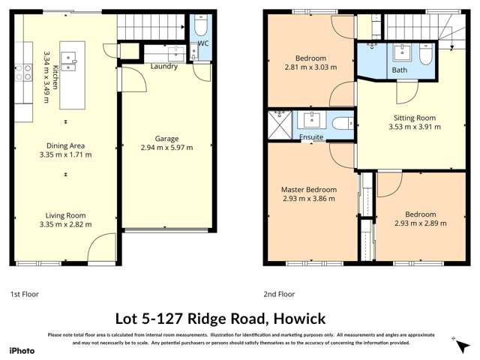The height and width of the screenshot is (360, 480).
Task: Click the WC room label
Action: (x=202, y=43)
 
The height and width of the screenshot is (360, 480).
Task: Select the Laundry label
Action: (x=163, y=67)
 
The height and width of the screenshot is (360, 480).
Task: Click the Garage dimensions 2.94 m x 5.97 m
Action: (x=166, y=148)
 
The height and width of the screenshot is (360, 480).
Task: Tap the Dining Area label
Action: (x=64, y=146)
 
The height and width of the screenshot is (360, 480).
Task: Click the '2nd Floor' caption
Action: (x=279, y=294)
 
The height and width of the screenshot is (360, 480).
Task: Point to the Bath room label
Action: (x=400, y=70)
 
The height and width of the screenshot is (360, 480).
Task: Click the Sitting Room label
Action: (x=414, y=118)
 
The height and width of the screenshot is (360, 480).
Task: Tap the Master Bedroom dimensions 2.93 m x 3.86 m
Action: (x=309, y=199)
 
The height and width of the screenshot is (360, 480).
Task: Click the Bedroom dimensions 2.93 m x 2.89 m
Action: (x=420, y=223)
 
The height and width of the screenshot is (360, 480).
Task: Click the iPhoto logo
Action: (x=22, y=350)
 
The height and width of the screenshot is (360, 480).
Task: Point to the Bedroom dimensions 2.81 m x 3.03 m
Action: (x=310, y=67)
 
